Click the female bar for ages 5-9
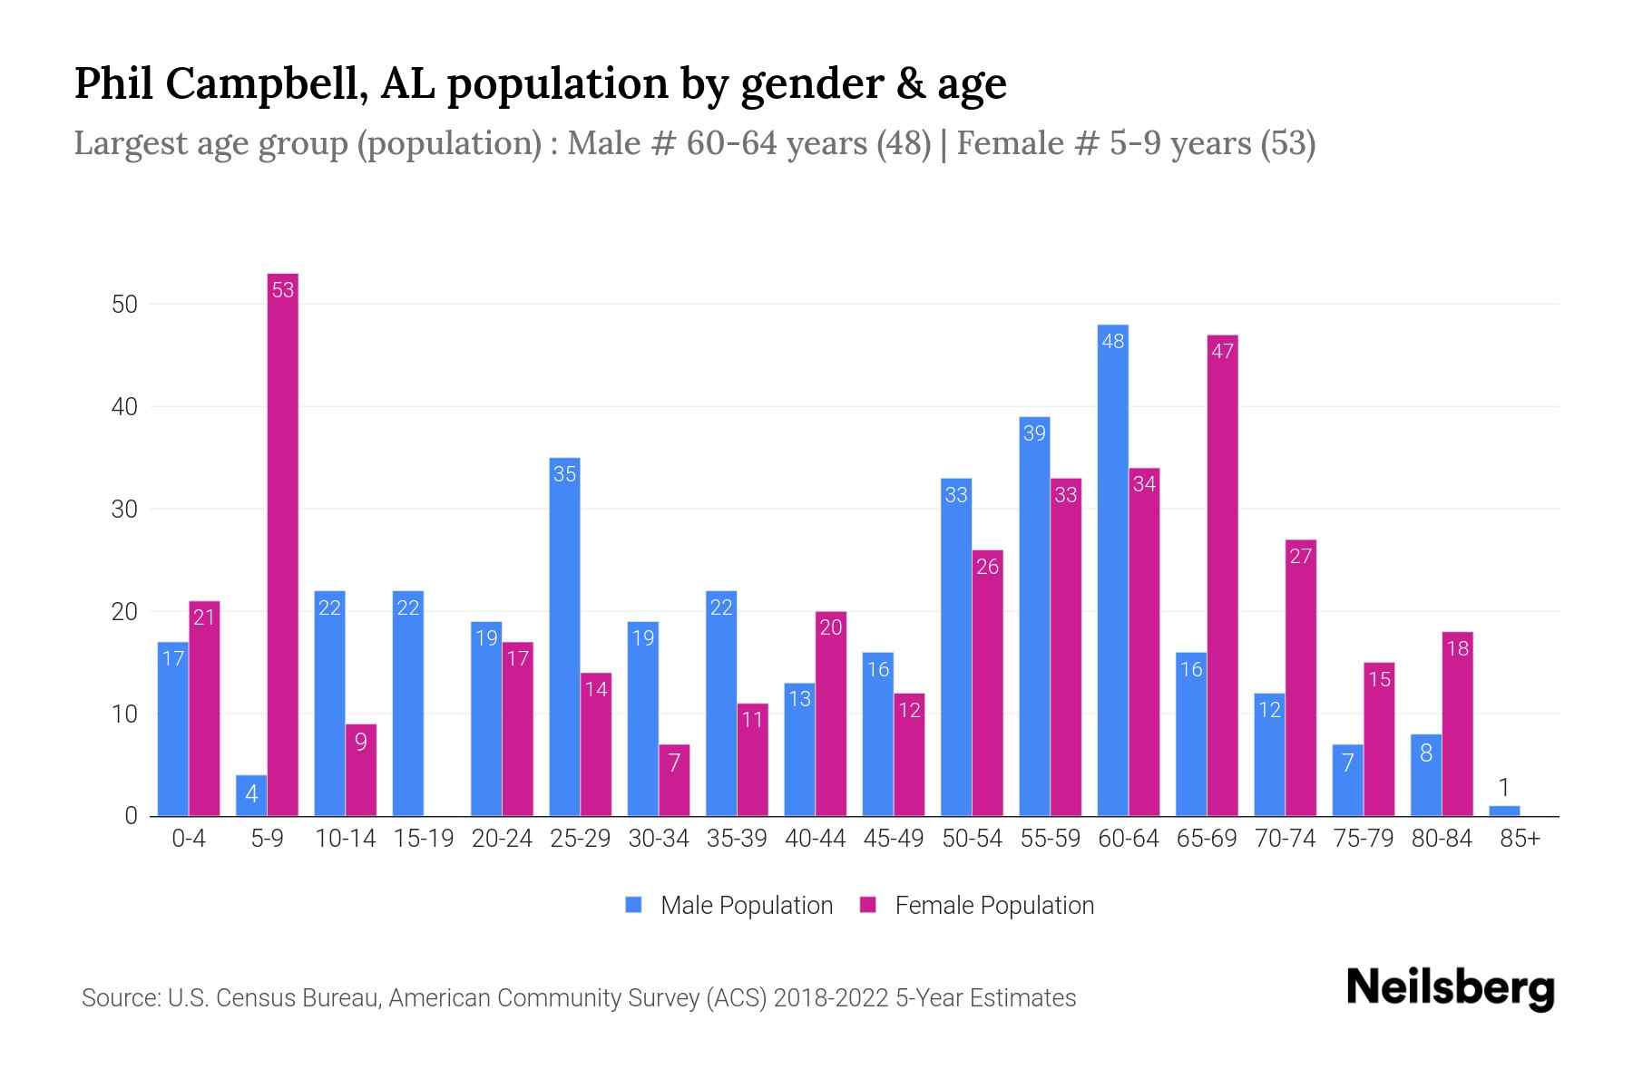tap(283, 544)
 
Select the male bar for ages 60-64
tap(1112, 571)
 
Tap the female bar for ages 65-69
tap(1222, 576)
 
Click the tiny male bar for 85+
tap(1504, 811)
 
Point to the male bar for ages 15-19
tap(408, 704)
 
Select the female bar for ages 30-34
tap(674, 781)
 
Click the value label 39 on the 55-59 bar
tap(1034, 433)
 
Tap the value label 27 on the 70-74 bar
tap(1300, 556)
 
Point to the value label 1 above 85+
tap(1504, 787)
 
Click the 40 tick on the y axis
tap(124, 407)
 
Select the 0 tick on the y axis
tap(131, 816)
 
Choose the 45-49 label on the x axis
tap(893, 839)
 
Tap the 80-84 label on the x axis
tap(1441, 839)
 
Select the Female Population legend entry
tap(977, 905)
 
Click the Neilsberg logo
tap(1450, 988)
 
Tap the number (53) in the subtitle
tap(1287, 143)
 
